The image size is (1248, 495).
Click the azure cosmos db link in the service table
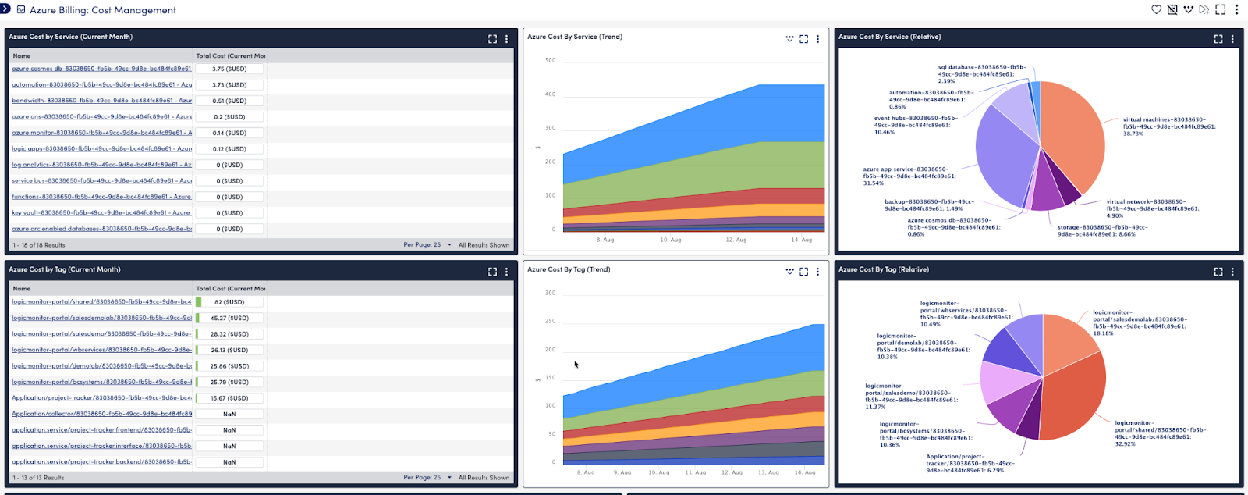(101, 69)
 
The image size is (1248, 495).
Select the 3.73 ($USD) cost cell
(229, 85)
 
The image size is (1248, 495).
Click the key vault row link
(101, 213)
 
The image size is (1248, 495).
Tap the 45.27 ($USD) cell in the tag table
(229, 319)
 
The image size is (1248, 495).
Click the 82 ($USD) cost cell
(229, 302)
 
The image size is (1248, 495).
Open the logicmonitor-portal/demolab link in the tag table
(101, 366)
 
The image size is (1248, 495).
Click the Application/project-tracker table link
(101, 398)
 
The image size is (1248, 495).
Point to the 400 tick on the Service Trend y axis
(550, 94)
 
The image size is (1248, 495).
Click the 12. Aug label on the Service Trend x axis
(736, 240)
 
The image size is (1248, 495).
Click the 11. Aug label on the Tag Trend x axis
(695, 472)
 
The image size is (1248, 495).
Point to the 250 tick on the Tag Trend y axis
(550, 321)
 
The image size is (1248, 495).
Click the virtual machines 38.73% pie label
(1168, 126)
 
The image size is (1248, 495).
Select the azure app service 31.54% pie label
(909, 176)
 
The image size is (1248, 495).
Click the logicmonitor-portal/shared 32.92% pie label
(1159, 433)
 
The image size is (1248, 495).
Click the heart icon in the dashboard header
(1156, 9)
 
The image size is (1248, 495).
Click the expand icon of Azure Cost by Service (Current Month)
(492, 38)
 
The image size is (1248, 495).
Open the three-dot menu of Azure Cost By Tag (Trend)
(817, 272)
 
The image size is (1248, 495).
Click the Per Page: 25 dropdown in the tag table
(427, 477)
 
